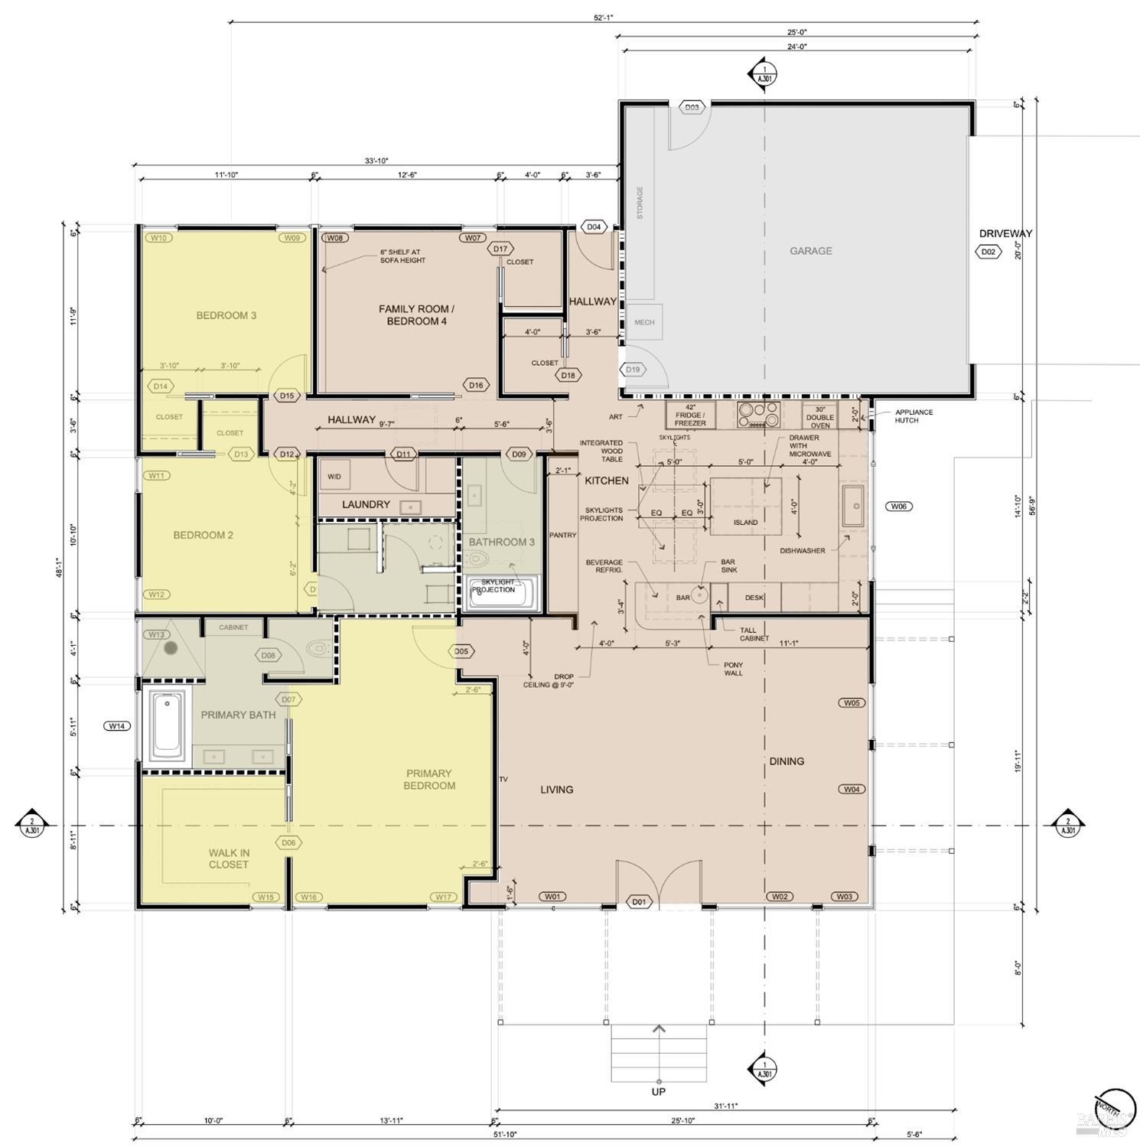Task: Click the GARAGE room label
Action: click(810, 251)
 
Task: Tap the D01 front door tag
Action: click(639, 901)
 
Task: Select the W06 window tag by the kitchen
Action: click(898, 507)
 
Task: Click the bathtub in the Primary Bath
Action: click(167, 725)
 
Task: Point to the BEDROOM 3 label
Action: click(226, 315)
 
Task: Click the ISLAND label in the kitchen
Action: click(745, 523)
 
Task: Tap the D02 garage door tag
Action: click(988, 252)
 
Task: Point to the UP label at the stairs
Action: click(658, 1092)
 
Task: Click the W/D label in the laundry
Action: click(334, 477)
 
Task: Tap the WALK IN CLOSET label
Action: click(229, 859)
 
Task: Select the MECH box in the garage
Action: click(644, 322)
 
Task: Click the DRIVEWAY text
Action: click(1005, 233)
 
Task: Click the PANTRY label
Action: click(562, 535)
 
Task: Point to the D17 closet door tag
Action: click(500, 249)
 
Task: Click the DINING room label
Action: click(787, 761)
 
